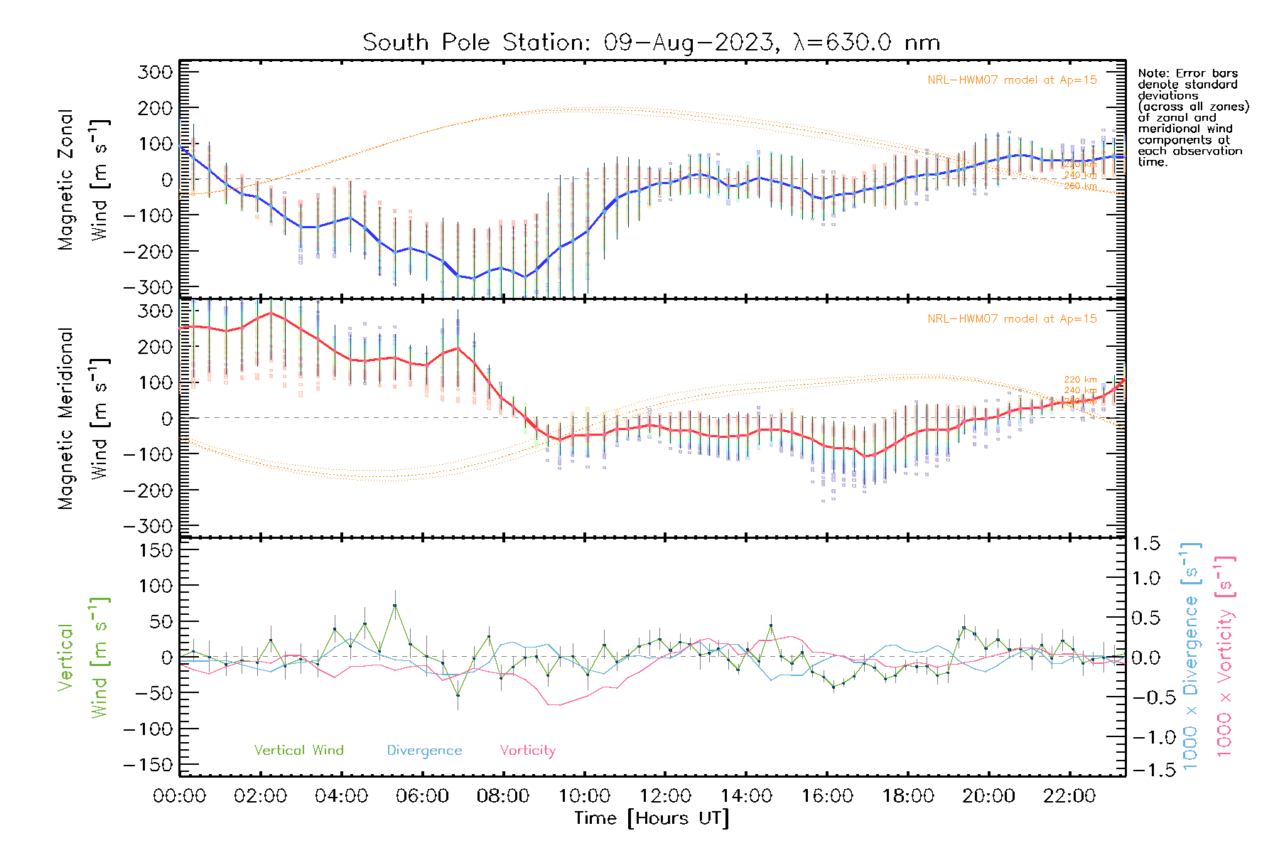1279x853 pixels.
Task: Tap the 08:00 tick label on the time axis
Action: pyautogui.click(x=503, y=796)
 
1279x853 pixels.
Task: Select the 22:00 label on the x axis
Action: pyautogui.click(x=1069, y=796)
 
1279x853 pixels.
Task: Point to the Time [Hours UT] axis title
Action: pyautogui.click(x=652, y=818)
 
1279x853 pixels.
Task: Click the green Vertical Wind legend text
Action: pyautogui.click(x=298, y=751)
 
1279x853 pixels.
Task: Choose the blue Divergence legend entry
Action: pyautogui.click(x=424, y=751)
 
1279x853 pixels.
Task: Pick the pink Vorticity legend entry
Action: pyautogui.click(x=527, y=751)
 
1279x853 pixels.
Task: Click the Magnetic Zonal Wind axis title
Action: pyautogui.click(x=84, y=179)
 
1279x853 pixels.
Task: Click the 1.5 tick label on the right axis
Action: pyautogui.click(x=1145, y=544)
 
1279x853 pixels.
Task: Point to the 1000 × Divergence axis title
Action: pyautogui.click(x=1191, y=657)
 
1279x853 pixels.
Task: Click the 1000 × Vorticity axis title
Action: pyautogui.click(x=1225, y=657)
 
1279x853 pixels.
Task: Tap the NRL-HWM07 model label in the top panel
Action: pyautogui.click(x=1012, y=80)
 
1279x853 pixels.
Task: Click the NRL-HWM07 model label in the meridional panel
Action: pyautogui.click(x=1012, y=319)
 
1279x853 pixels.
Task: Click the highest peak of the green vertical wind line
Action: pyautogui.click(x=395, y=606)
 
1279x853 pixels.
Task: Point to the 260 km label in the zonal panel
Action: pyautogui.click(x=1080, y=186)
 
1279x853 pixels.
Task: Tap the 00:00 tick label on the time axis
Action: pyautogui.click(x=180, y=796)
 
